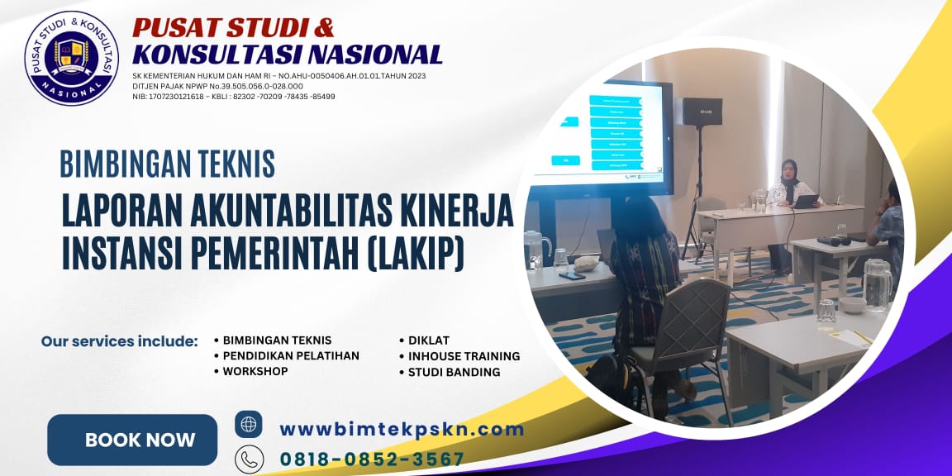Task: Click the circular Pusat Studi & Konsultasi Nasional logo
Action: pos(71,58)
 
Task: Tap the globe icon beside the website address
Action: pos(249,424)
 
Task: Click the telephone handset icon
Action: pos(249,459)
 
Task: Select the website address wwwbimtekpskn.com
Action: pos(402,429)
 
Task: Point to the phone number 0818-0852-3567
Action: pos(372,459)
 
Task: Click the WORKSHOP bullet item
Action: pos(255,372)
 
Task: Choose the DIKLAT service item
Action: pos(428,340)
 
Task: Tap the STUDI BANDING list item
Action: pos(454,372)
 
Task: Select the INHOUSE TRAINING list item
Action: pos(464,356)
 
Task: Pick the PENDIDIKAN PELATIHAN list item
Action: pos(291,356)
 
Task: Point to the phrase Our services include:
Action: pos(120,340)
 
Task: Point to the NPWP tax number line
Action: pos(217,86)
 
